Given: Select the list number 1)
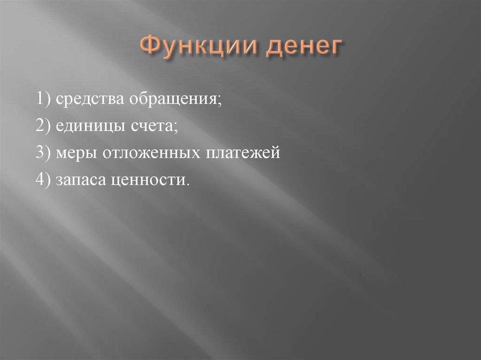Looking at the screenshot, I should coord(44,100).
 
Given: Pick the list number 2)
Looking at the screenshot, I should coord(44,127).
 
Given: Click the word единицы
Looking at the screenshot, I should coord(89,127).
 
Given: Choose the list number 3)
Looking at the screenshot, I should coord(44,153).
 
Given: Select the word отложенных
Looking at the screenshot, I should coord(146,153).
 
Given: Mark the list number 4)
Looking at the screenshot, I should coord(44,180).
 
